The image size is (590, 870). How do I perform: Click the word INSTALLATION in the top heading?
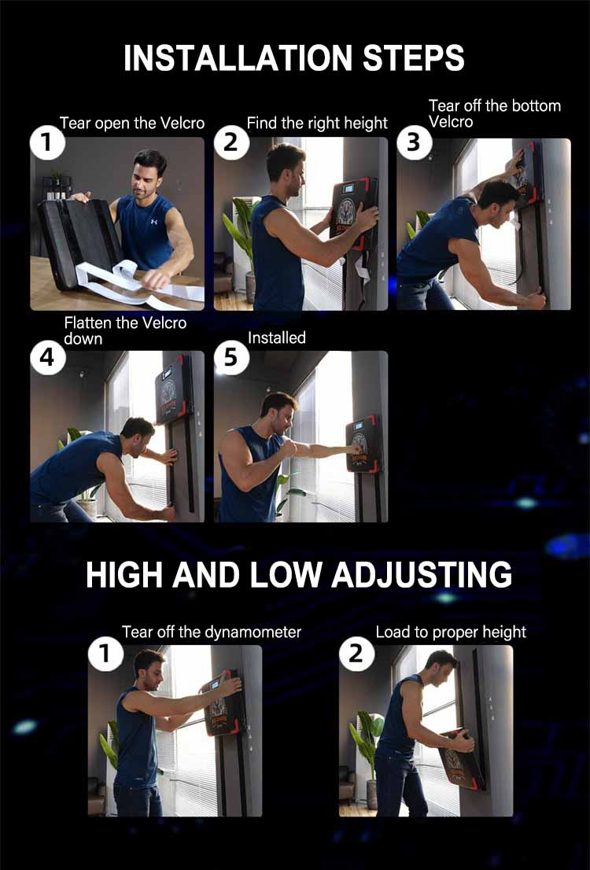[234, 59]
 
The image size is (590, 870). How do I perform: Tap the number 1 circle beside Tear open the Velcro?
[46, 144]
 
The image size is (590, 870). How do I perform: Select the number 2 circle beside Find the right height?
[230, 144]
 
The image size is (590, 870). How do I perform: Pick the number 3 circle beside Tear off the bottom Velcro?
[413, 144]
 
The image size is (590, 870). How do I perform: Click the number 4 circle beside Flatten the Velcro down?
[46, 357]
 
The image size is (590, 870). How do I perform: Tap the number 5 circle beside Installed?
[230, 357]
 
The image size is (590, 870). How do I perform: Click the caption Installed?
[276, 337]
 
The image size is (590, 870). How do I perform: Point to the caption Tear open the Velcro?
[132, 123]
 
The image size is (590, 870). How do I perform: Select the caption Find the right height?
[317, 123]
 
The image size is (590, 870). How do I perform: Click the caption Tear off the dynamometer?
[212, 632]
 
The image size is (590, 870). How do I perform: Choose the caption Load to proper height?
[451, 632]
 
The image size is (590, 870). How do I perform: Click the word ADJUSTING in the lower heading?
[422, 575]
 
